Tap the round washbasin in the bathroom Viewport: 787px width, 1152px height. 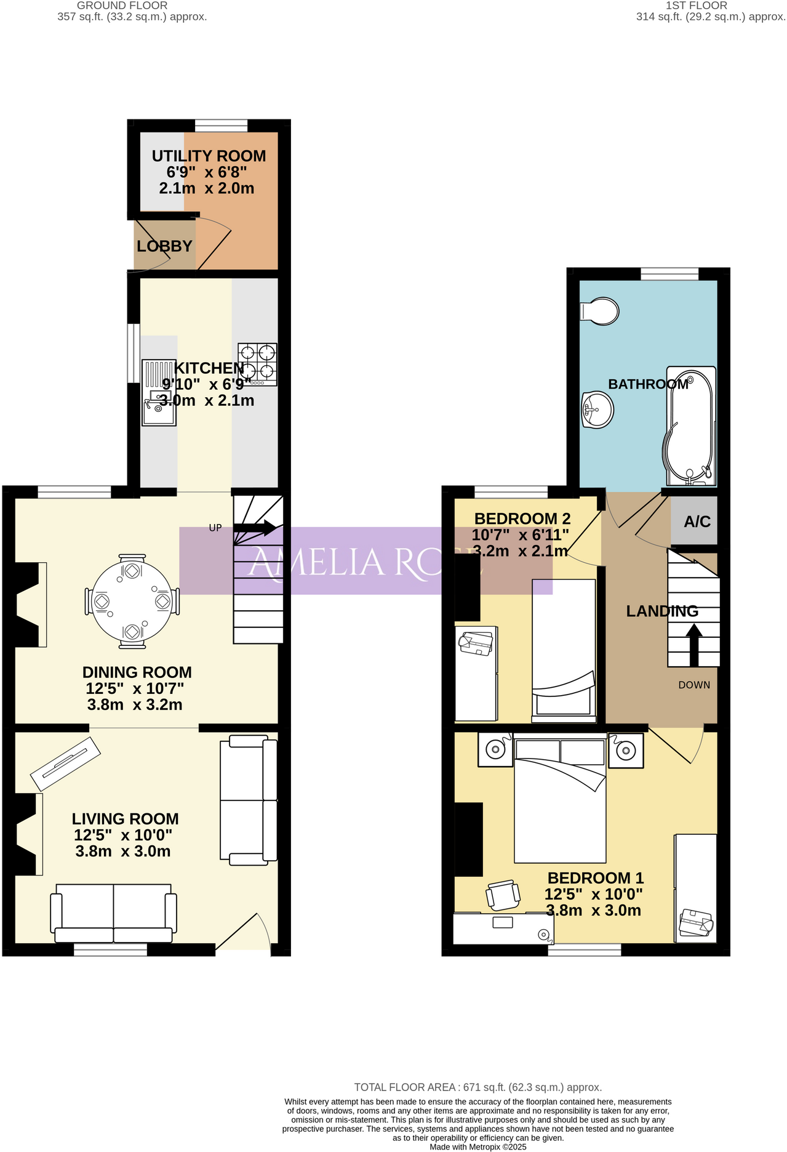pyautogui.click(x=597, y=409)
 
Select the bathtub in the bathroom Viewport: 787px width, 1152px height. pyautogui.click(x=690, y=425)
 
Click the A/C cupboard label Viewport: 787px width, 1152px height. pyautogui.click(x=697, y=522)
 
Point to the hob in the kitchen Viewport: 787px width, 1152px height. pyautogui.click(x=257, y=364)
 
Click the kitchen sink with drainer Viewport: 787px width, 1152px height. pyautogui.click(x=159, y=393)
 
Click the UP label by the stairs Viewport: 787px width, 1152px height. pyautogui.click(x=215, y=528)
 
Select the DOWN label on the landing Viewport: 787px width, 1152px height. pyautogui.click(x=694, y=685)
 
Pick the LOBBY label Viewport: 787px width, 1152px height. pyautogui.click(x=164, y=246)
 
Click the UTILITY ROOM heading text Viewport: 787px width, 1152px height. pyautogui.click(x=209, y=156)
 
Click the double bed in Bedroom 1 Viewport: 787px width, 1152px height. pyautogui.click(x=560, y=800)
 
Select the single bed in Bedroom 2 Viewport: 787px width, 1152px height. pyautogui.click(x=564, y=650)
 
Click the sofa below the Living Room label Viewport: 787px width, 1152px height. pyautogui.click(x=113, y=912)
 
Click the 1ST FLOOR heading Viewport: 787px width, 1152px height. pyautogui.click(x=697, y=6)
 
